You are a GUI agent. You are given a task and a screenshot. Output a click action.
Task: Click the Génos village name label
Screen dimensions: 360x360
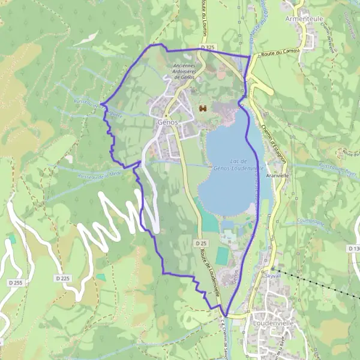[167, 121]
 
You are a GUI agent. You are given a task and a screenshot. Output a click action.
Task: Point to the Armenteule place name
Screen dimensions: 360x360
[305, 18]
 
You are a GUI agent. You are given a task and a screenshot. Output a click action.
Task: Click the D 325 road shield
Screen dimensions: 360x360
[208, 47]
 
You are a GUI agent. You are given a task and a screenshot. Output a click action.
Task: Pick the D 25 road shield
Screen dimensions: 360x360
[201, 243]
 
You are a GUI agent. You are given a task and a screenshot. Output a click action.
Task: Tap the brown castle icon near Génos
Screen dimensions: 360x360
[203, 109]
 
